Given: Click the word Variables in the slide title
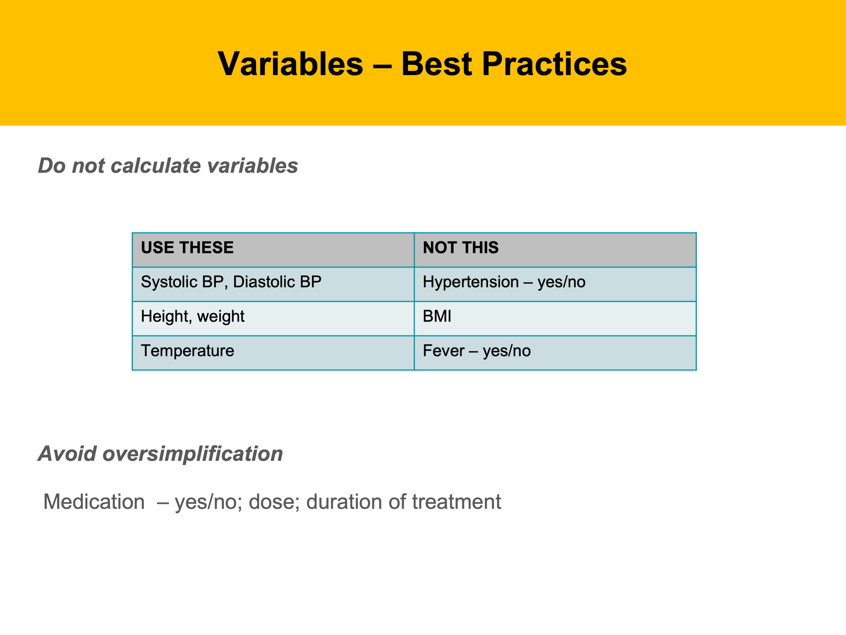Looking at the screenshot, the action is coord(290,64).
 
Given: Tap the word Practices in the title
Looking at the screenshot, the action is coord(554,64).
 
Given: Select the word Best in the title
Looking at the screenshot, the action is coord(436,64).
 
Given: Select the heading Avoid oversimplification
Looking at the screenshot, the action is coord(160,454).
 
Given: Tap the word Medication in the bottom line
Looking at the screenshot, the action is coord(94,501).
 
